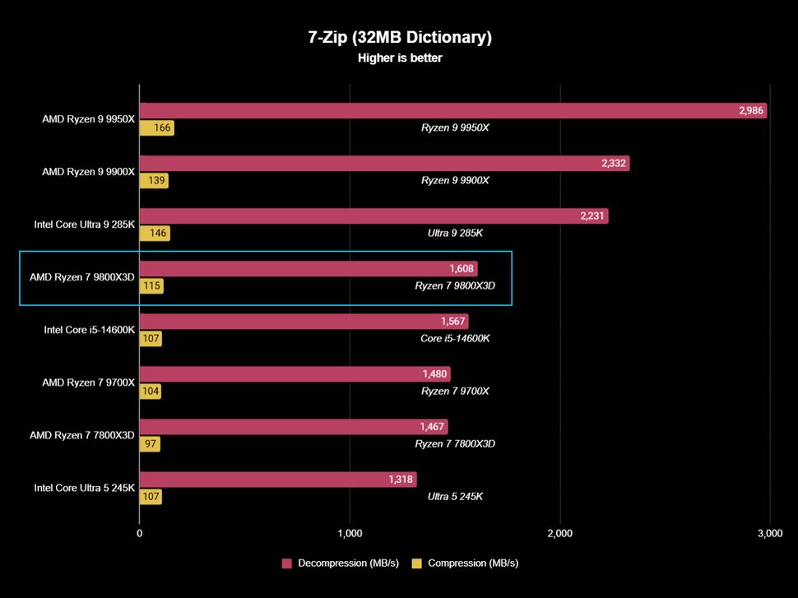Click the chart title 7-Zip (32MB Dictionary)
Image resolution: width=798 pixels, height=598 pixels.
(399, 38)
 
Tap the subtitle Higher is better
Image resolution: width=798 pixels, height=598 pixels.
(399, 58)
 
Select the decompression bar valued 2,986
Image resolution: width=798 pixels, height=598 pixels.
(452, 111)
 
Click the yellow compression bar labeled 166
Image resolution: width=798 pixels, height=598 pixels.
(156, 128)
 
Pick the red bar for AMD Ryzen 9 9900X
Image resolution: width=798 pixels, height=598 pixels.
(384, 164)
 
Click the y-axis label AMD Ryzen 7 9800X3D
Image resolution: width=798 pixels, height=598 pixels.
(81, 277)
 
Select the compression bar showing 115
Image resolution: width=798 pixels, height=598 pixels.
(151, 286)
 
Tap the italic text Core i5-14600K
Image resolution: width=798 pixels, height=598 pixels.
(455, 338)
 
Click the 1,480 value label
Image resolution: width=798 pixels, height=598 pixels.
(434, 374)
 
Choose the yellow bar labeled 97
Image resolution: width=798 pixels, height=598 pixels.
(150, 444)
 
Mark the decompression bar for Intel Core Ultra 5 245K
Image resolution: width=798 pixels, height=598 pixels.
(278, 480)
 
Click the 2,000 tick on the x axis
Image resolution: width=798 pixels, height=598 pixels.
(559, 534)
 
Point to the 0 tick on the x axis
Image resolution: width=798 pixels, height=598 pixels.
(139, 534)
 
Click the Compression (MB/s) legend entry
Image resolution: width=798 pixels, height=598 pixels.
(465, 563)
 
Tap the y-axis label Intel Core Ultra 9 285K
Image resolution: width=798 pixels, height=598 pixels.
(84, 225)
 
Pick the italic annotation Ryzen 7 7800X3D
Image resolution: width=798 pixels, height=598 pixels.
(455, 443)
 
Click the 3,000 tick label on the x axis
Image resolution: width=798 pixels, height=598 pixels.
(769, 534)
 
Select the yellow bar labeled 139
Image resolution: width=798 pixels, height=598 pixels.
(154, 181)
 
